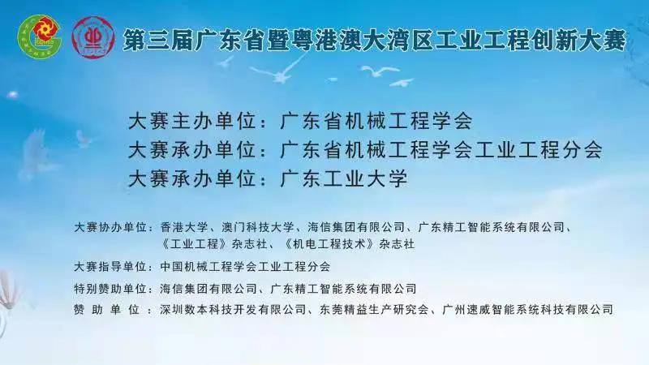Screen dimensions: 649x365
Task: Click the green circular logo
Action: click(x=39, y=36)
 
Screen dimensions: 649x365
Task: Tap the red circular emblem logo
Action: click(x=93, y=37)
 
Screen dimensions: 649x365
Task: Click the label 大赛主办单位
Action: click(x=191, y=121)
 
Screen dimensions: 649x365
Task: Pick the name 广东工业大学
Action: click(x=344, y=178)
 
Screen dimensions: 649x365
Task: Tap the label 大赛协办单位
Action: click(x=110, y=227)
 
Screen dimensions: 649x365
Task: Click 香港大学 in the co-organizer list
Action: click(x=184, y=227)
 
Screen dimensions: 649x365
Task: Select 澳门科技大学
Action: click(x=258, y=227)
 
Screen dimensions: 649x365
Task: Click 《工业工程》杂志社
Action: click(x=213, y=244)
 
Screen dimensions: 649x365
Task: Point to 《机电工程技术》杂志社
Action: click(x=350, y=244)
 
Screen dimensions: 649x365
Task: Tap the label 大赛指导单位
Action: click(x=110, y=267)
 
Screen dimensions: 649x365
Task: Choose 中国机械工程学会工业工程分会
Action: click(x=245, y=267)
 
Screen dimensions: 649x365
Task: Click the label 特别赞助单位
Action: click(x=110, y=289)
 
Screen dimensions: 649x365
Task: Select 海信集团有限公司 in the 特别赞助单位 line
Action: click(x=208, y=289)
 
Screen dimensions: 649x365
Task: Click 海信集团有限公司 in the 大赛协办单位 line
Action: click(x=356, y=227)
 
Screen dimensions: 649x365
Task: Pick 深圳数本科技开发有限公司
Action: click(x=233, y=310)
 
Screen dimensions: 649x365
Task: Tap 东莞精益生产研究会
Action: click(x=374, y=310)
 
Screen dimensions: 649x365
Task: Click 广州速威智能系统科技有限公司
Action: click(x=528, y=310)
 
